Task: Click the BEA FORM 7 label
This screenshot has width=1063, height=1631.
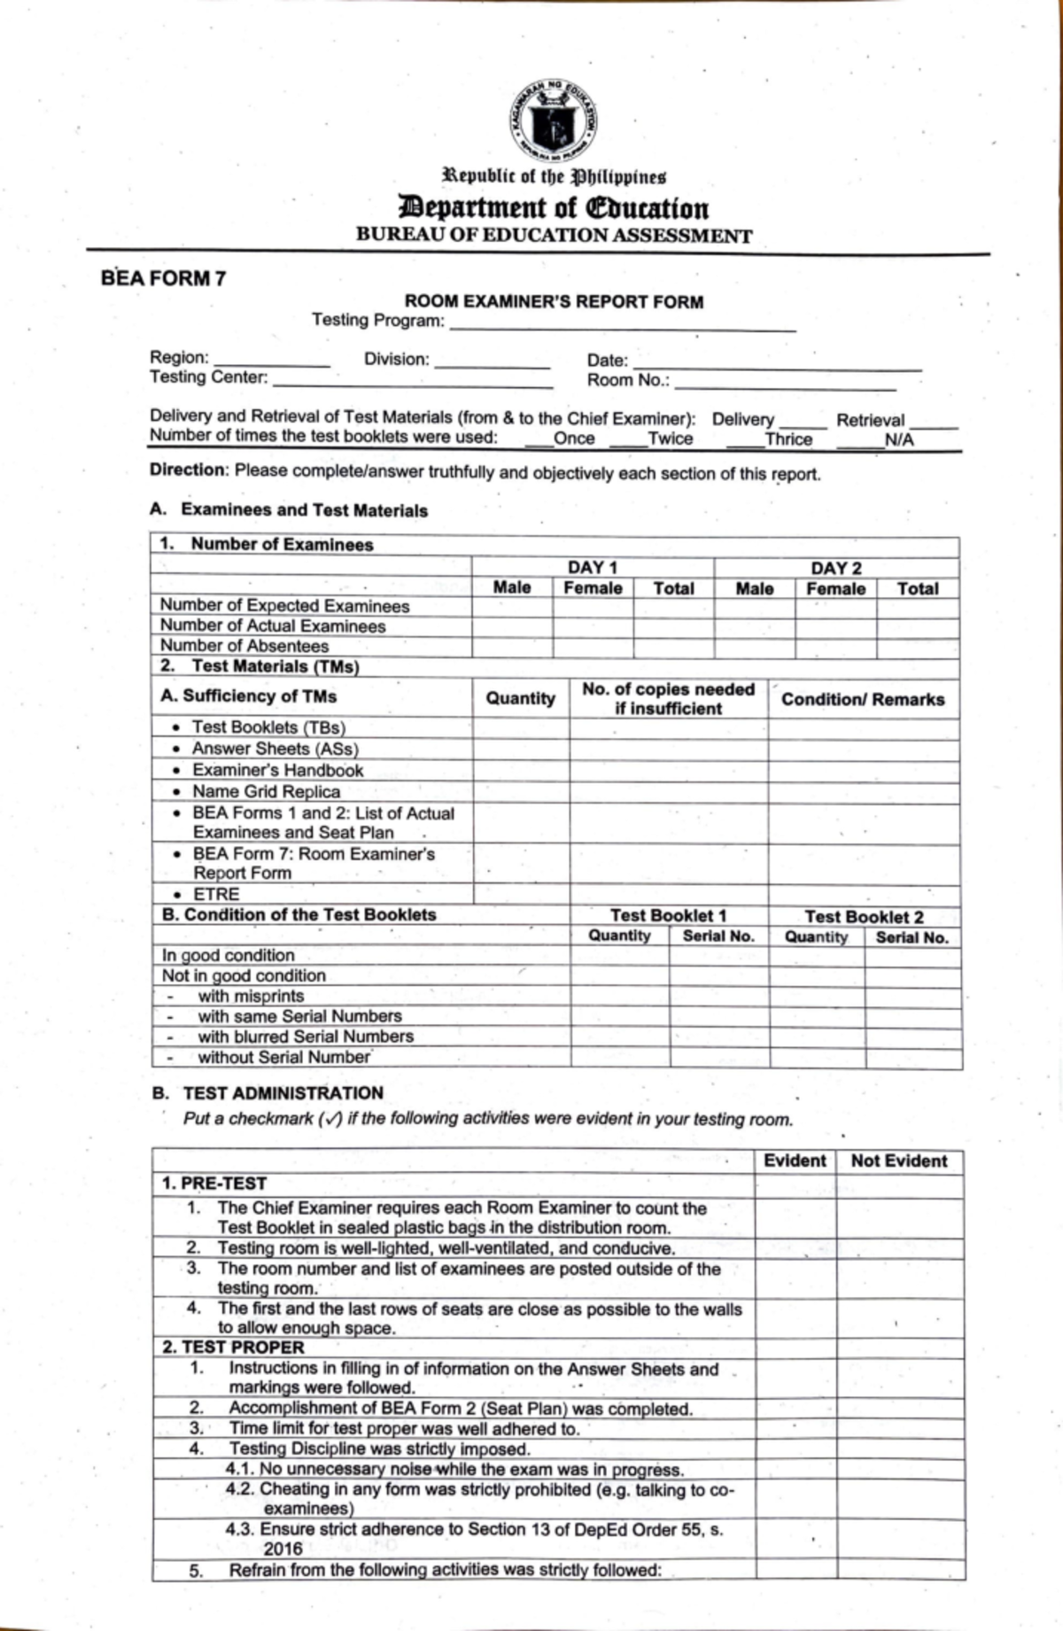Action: click(x=163, y=278)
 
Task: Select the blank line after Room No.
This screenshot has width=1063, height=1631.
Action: click(x=784, y=383)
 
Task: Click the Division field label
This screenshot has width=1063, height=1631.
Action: click(x=396, y=360)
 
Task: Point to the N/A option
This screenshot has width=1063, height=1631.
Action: click(x=898, y=440)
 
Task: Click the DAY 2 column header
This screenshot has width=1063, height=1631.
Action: click(x=835, y=568)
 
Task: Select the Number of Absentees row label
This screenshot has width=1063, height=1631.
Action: click(x=244, y=646)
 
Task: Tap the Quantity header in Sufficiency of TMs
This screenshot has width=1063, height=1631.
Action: click(x=520, y=698)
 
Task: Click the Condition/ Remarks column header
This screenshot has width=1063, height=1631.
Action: click(x=862, y=699)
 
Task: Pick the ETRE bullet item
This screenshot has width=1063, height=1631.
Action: click(x=216, y=894)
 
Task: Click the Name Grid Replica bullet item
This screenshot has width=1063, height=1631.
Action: click(x=266, y=791)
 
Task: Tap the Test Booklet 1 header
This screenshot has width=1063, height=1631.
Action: click(x=668, y=915)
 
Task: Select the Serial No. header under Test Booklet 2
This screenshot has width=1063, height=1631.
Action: click(x=912, y=937)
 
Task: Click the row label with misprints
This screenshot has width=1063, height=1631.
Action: click(x=251, y=996)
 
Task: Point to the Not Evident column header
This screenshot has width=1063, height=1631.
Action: click(x=898, y=1161)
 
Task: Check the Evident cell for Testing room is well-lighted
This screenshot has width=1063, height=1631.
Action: click(x=795, y=1248)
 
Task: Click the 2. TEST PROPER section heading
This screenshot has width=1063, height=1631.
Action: click(x=233, y=1347)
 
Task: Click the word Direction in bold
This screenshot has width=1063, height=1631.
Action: click(x=189, y=470)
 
